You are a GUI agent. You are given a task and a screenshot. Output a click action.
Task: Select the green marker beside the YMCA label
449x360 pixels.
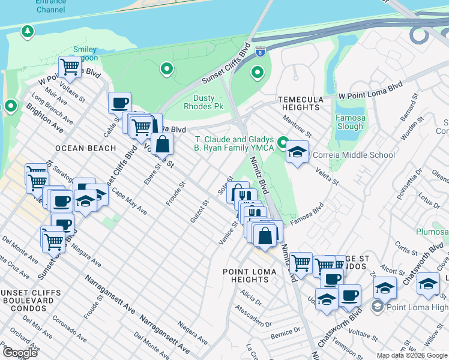click(x=283, y=143)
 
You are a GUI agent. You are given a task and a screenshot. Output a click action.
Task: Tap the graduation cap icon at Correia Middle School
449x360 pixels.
click(x=297, y=152)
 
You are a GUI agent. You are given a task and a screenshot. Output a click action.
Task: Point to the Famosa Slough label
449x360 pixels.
click(x=349, y=122)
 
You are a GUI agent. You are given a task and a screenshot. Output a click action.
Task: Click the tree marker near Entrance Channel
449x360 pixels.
click(x=26, y=31)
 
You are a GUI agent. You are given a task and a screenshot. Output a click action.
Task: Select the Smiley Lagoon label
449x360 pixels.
click(x=85, y=53)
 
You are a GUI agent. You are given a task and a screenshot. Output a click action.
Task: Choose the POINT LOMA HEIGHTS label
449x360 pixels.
click(x=250, y=275)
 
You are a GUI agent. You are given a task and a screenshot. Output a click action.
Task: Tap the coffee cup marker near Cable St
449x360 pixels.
click(x=119, y=102)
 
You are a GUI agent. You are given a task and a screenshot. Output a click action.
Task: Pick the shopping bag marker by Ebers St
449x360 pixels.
click(x=162, y=144)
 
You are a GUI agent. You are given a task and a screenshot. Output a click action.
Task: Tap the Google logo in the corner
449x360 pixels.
click(x=19, y=352)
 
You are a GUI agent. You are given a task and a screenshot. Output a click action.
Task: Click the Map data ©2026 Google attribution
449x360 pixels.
click(x=411, y=355)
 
